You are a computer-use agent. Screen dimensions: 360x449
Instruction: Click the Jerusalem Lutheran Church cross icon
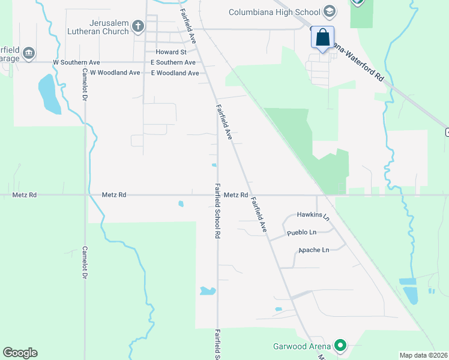[138, 26]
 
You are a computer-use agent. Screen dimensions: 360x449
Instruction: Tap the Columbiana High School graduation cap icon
[329, 11]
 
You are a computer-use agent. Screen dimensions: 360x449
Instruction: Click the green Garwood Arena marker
[340, 346]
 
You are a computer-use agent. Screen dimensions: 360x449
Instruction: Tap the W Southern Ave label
[76, 62]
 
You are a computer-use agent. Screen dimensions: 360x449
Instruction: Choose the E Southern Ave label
[173, 62]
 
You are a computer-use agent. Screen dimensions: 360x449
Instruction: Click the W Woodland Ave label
[115, 73]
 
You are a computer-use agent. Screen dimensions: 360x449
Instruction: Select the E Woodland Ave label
[175, 73]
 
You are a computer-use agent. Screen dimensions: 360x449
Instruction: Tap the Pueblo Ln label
[301, 232]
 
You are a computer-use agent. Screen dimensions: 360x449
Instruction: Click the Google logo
[20, 353]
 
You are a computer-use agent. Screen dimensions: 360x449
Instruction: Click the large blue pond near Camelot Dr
[49, 95]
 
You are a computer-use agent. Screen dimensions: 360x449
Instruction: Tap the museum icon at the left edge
[29, 53]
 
